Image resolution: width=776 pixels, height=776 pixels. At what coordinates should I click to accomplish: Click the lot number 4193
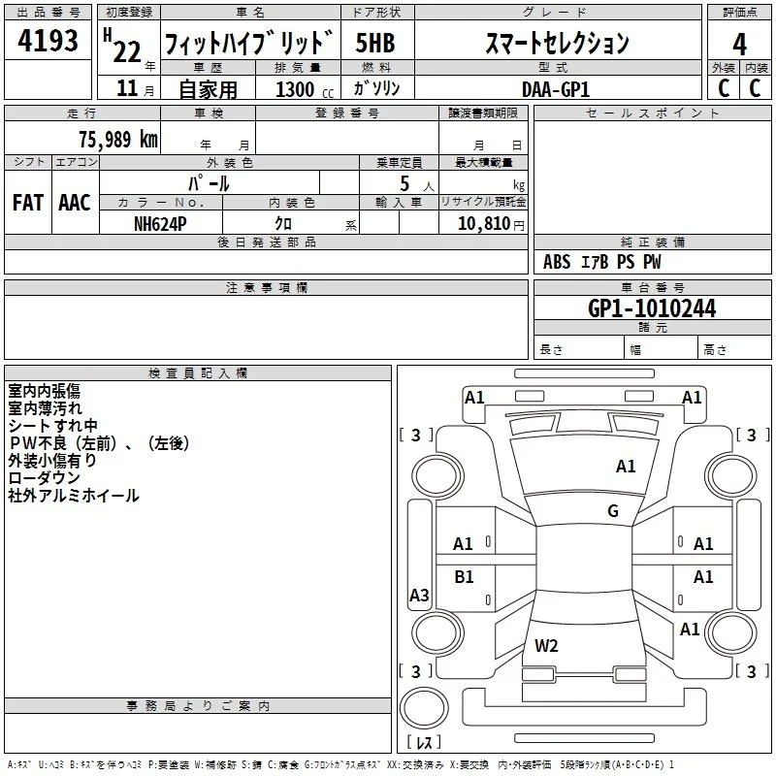pyautogui.click(x=48, y=41)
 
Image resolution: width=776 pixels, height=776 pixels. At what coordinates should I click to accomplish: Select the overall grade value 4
pyautogui.click(x=739, y=45)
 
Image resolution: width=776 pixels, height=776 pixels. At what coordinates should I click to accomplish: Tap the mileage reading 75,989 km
pyautogui.click(x=118, y=139)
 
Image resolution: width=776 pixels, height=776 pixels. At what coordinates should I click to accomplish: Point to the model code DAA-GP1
pyautogui.click(x=556, y=89)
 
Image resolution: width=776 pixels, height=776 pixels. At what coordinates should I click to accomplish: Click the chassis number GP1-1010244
pyautogui.click(x=652, y=308)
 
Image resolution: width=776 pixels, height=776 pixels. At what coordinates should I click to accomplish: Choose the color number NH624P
pyautogui.click(x=160, y=224)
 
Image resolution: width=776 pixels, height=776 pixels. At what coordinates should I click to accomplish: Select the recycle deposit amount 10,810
pyautogui.click(x=483, y=224)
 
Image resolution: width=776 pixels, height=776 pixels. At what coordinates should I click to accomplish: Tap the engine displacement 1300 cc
pyautogui.click(x=305, y=89)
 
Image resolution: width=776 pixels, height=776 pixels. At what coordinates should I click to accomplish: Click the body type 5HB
pyautogui.click(x=375, y=43)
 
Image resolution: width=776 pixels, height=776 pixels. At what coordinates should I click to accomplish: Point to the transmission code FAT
pyautogui.click(x=28, y=203)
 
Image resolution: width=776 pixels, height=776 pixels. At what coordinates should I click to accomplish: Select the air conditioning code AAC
pyautogui.click(x=75, y=203)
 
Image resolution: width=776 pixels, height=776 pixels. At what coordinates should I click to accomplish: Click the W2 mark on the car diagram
pyautogui.click(x=546, y=645)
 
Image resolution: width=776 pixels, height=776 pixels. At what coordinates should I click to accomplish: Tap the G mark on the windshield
pyautogui.click(x=613, y=510)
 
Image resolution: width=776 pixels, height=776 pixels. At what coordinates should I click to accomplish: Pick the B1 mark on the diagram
pyautogui.click(x=464, y=576)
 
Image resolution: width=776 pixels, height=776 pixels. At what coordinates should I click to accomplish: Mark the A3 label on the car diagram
pyautogui.click(x=419, y=595)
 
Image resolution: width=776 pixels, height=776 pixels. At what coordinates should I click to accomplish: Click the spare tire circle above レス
pyautogui.click(x=424, y=708)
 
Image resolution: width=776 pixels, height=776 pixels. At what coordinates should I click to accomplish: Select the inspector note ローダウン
pyautogui.click(x=44, y=477)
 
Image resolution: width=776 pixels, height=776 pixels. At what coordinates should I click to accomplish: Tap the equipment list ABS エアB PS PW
pyautogui.click(x=601, y=262)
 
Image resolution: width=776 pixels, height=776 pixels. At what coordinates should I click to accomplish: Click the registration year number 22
pyautogui.click(x=127, y=52)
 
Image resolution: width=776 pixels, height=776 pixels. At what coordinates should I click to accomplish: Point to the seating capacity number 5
pyautogui.click(x=404, y=183)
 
